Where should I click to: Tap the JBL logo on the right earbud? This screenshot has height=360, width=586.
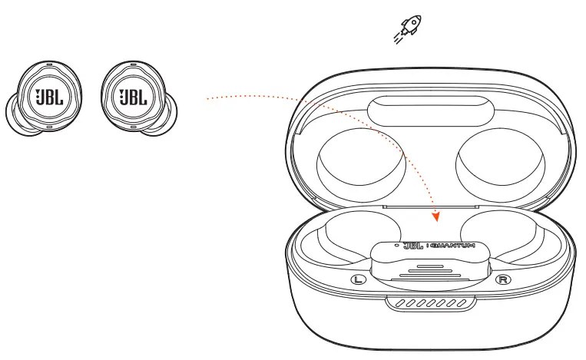[x=131, y=97]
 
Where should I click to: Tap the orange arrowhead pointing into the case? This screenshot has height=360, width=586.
[x=437, y=216]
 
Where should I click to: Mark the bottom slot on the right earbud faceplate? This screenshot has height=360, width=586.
[x=131, y=124]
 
